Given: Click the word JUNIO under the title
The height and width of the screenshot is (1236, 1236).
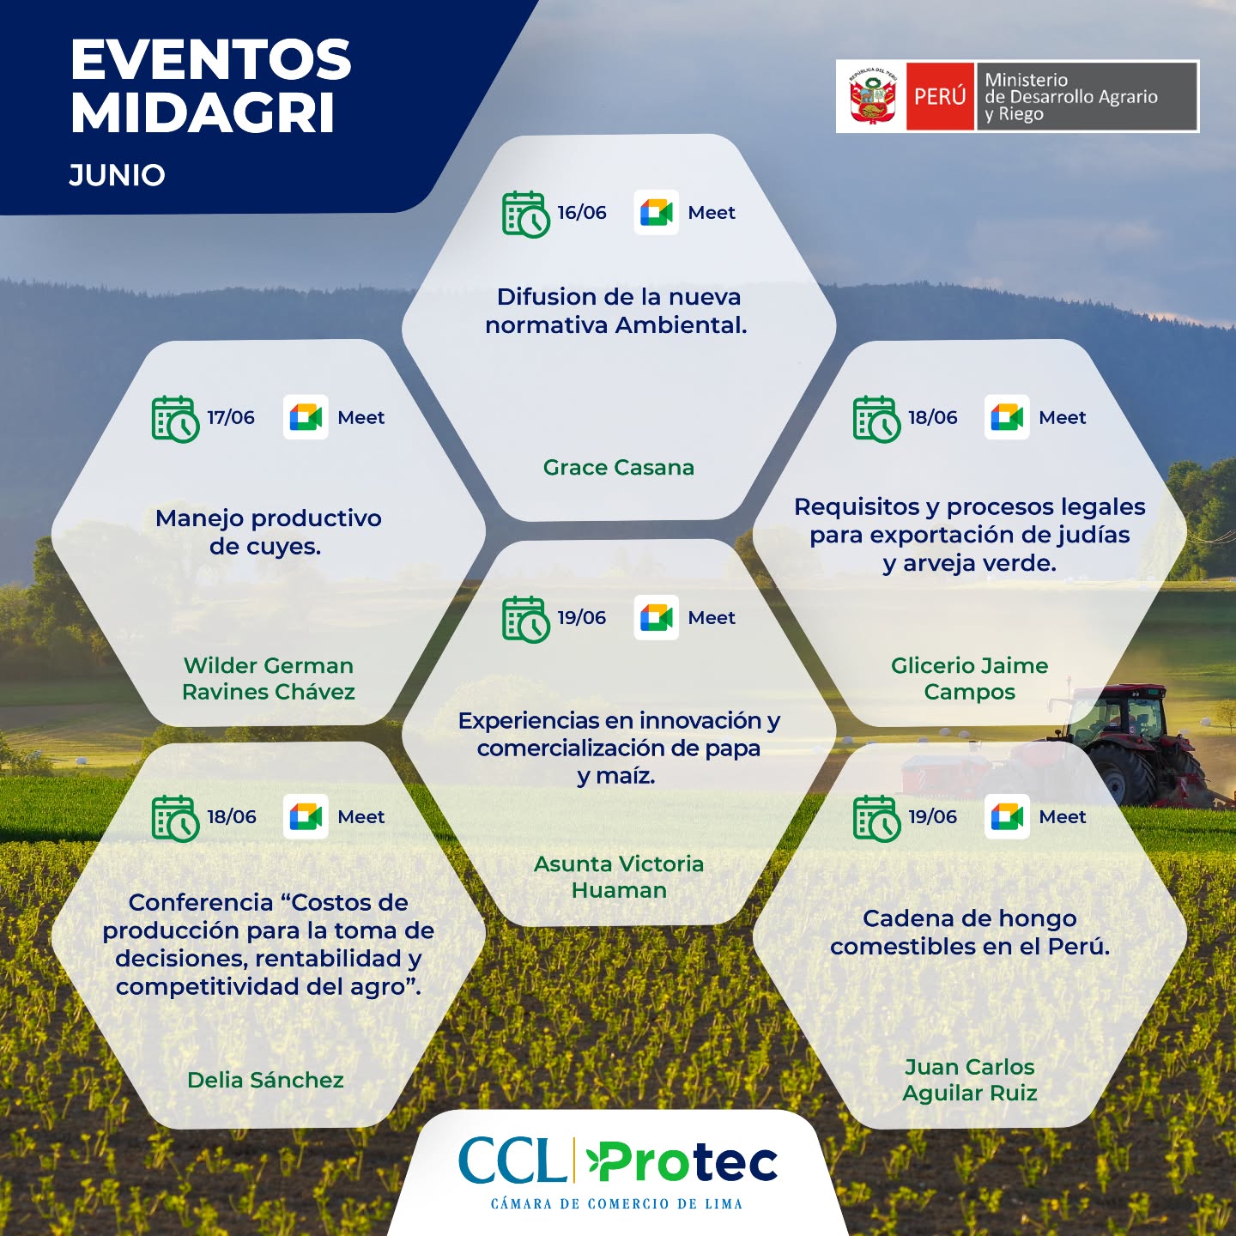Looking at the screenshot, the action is (117, 175).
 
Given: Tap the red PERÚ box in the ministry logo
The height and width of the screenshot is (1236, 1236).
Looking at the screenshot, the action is (940, 96).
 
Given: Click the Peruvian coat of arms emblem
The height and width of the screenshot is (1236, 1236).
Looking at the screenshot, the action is (872, 96).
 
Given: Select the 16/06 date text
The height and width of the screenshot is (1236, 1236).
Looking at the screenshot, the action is (581, 212).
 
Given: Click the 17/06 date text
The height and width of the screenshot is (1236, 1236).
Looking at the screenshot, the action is (230, 417).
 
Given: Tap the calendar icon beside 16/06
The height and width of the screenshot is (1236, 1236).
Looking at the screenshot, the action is (525, 215).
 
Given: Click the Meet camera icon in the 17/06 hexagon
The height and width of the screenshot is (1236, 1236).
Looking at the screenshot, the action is (306, 417).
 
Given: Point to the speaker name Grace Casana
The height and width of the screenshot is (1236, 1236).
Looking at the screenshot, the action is (618, 468).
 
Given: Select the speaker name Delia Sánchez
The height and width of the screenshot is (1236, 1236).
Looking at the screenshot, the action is (265, 1080).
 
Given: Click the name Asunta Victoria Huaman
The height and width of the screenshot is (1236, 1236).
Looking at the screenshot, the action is (618, 877).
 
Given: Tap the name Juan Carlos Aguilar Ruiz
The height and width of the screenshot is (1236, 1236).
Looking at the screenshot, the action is (969, 1080).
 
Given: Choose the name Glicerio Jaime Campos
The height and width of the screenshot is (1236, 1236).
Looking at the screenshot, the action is (969, 679).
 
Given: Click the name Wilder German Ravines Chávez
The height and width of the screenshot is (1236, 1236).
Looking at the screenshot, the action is (268, 679).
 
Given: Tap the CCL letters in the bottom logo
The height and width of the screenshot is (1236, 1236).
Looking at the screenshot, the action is (512, 1160).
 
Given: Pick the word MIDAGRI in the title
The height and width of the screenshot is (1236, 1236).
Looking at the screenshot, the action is (203, 113).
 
